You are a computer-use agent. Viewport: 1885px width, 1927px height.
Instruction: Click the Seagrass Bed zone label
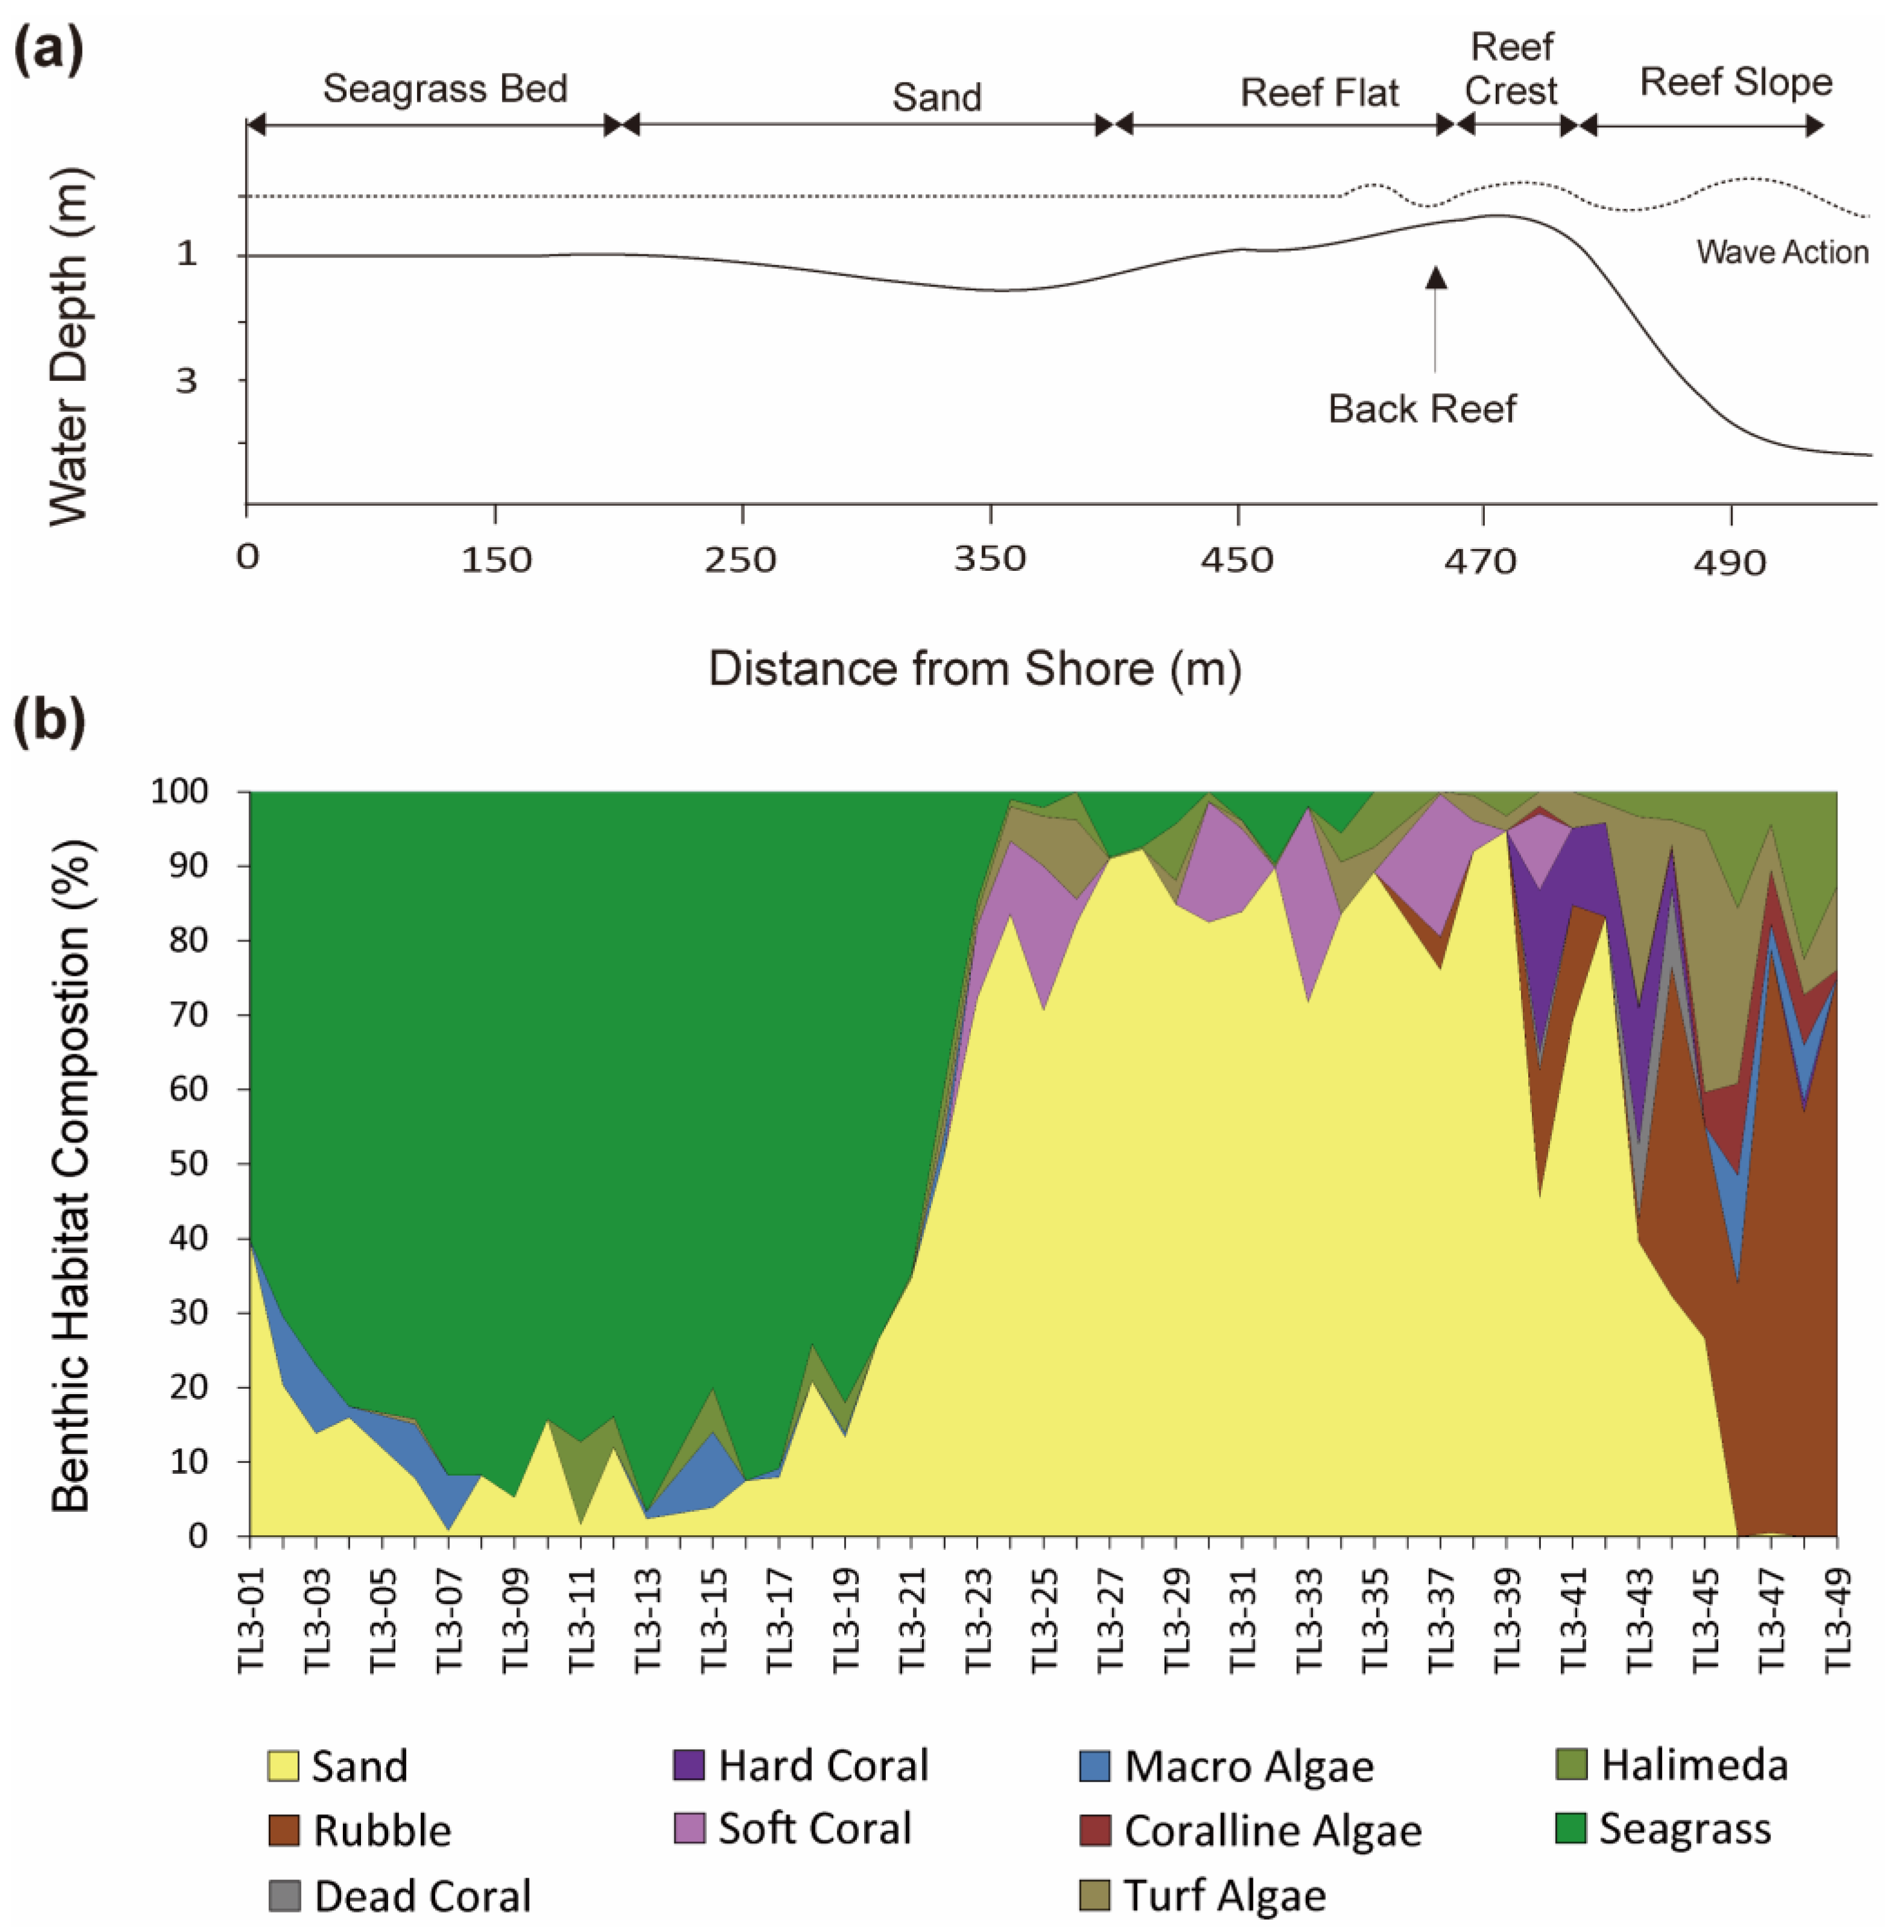445,89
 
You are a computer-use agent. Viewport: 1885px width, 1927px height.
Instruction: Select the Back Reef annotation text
1422,409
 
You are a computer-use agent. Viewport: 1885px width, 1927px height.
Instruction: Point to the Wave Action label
1782,253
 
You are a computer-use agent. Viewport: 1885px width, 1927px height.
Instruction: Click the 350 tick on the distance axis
990,559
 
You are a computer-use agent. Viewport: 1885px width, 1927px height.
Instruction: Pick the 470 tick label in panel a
1480,562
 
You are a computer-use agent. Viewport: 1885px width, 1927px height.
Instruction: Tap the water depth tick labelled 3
187,381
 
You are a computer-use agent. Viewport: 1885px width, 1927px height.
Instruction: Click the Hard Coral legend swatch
688,1764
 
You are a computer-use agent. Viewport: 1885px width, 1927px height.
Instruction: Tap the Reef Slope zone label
1736,82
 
